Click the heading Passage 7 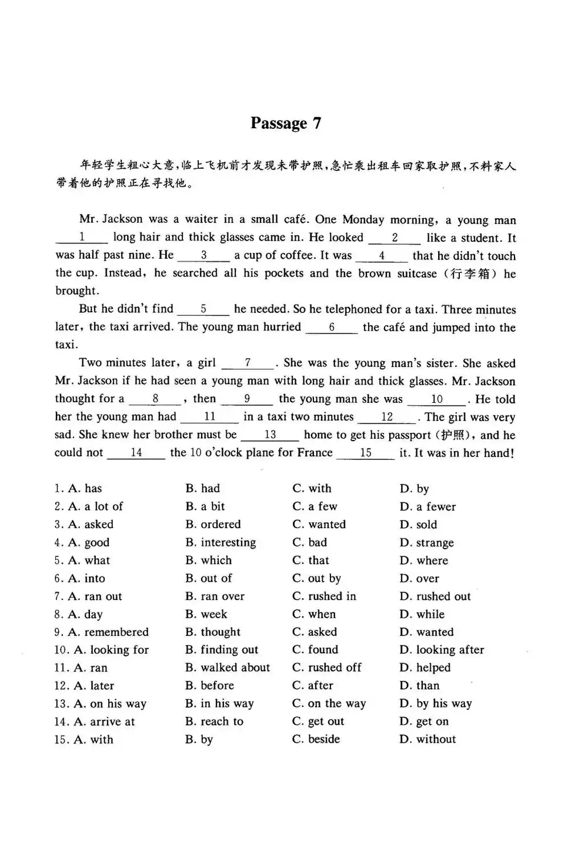tap(286, 123)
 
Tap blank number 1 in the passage tap(82, 238)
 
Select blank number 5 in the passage tap(203, 309)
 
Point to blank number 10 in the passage tap(436, 399)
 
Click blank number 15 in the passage tap(366, 453)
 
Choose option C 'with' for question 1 tap(312, 489)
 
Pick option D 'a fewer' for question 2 tap(428, 507)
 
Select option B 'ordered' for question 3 tap(213, 525)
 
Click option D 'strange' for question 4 tap(427, 543)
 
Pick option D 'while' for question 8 tap(423, 615)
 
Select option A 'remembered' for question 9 tap(109, 632)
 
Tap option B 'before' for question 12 tap(210, 686)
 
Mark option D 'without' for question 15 tap(428, 739)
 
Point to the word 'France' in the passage tap(313, 453)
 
